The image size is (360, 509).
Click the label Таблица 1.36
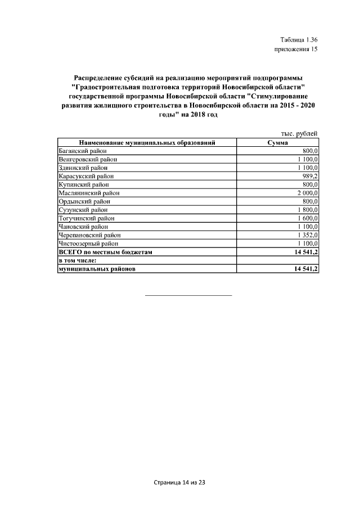pyautogui.click(x=299, y=39)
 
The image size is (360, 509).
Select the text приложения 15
pyautogui.click(x=296, y=49)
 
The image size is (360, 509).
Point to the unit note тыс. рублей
pyautogui.click(x=299, y=133)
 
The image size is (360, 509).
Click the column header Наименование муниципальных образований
pyautogui.click(x=147, y=143)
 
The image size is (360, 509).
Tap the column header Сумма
pyautogui.click(x=278, y=143)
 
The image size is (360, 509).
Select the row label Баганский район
pyautogui.click(x=83, y=151)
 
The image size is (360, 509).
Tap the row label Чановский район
pyautogui.click(x=83, y=227)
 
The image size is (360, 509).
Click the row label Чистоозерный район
pyautogui.click(x=88, y=244)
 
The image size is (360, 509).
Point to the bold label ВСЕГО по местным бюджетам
pyautogui.click(x=105, y=253)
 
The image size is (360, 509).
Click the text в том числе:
pyautogui.click(x=78, y=261)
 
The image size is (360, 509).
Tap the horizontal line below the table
pyautogui.click(x=188, y=295)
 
